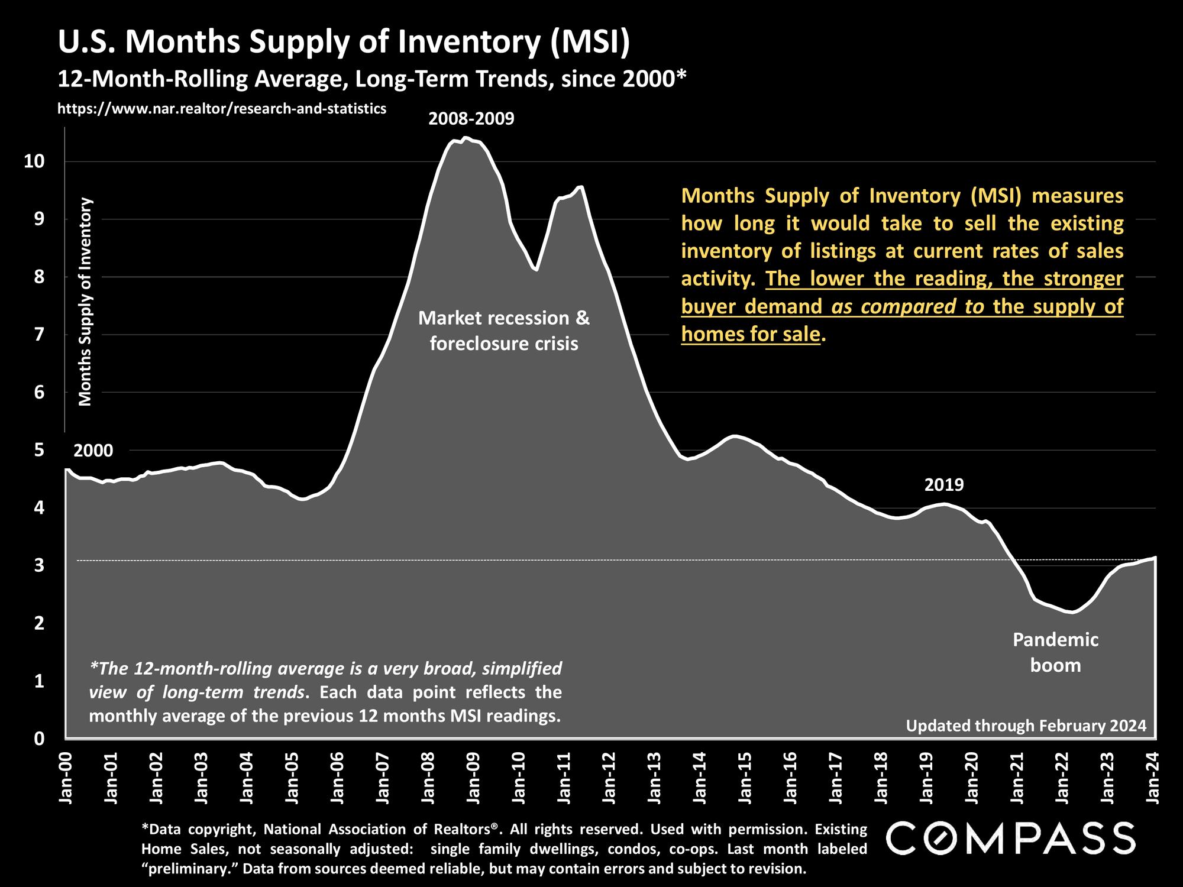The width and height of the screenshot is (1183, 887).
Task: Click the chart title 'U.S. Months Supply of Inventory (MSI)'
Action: (x=344, y=43)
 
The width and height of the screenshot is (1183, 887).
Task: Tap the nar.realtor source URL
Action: (x=222, y=109)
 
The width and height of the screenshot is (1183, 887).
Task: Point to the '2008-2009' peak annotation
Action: (x=471, y=119)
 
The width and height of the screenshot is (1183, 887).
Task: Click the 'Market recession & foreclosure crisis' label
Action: (x=504, y=331)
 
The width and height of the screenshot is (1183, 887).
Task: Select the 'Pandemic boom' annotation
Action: (x=1055, y=652)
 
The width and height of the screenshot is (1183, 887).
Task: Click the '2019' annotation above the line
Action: (x=944, y=485)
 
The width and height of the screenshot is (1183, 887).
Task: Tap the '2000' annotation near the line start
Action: (x=93, y=451)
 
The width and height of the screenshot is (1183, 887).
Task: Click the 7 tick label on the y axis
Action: (x=39, y=335)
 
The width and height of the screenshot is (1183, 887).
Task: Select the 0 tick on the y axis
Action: (x=39, y=739)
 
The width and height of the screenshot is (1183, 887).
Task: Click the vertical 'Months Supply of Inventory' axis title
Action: (x=86, y=302)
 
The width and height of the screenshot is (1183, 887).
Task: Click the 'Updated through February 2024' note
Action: (x=1026, y=726)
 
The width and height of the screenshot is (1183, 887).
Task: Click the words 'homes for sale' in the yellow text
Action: (x=751, y=334)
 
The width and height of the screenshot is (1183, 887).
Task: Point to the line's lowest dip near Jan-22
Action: (x=1072, y=613)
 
